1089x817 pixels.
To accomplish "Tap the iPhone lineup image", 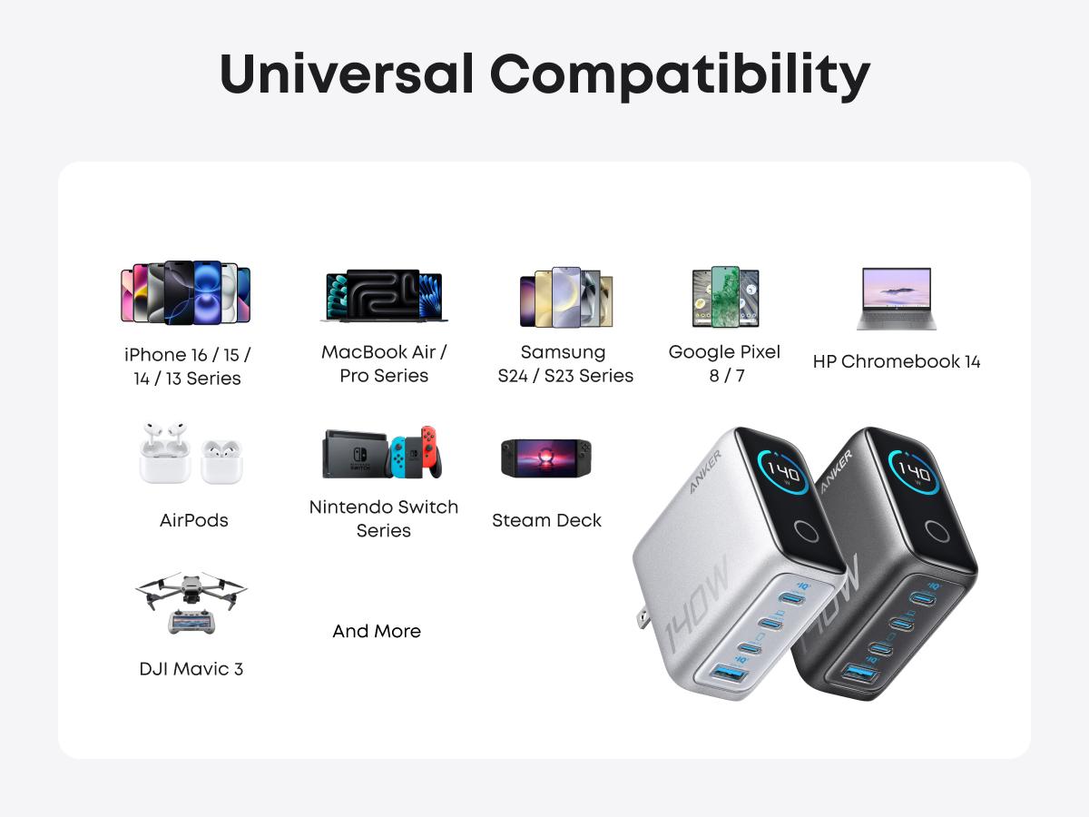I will [x=185, y=293].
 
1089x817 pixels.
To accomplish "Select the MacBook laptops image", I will [x=384, y=296].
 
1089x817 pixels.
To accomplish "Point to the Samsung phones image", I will [x=566, y=297].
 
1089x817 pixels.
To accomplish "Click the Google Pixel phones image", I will [x=725, y=297].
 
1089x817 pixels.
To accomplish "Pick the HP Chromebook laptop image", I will [x=896, y=298].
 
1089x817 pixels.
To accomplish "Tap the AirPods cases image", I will [x=191, y=452].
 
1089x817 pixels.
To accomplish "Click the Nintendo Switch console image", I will [x=384, y=452].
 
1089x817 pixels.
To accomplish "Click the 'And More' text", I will [x=377, y=631].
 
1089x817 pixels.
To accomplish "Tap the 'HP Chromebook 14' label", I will [x=897, y=361].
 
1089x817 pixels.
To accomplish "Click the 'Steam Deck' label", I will [x=546, y=520].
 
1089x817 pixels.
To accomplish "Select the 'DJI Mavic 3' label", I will [x=191, y=669].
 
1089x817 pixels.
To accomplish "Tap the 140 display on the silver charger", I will [x=783, y=472].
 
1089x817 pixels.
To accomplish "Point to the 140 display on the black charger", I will [x=914, y=472].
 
